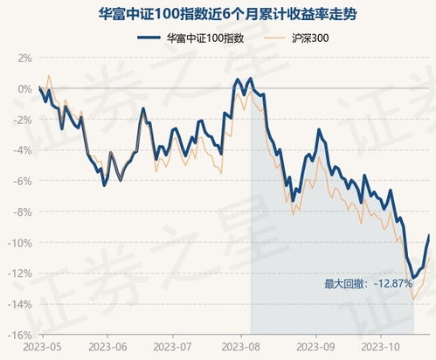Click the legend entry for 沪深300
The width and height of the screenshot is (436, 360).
(x=312, y=38)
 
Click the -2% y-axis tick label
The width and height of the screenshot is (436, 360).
(x=23, y=120)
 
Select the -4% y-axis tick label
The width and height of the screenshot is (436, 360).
(x=23, y=150)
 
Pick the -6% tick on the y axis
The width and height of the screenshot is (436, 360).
(x=23, y=181)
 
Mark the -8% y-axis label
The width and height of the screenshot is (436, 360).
(x=23, y=211)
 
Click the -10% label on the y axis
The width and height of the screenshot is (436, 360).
(x=21, y=242)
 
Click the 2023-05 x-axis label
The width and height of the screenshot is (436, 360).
(x=40, y=347)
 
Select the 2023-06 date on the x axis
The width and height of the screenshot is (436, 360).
(x=108, y=347)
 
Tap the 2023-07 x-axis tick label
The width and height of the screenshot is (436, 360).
(x=175, y=347)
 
